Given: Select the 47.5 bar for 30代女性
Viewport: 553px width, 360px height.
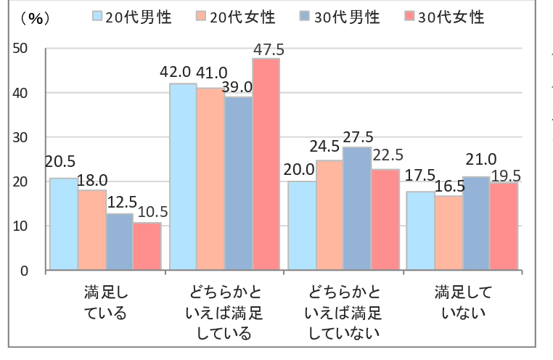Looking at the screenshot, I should click(x=266, y=164).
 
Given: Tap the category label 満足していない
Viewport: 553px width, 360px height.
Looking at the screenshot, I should click(x=463, y=303).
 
